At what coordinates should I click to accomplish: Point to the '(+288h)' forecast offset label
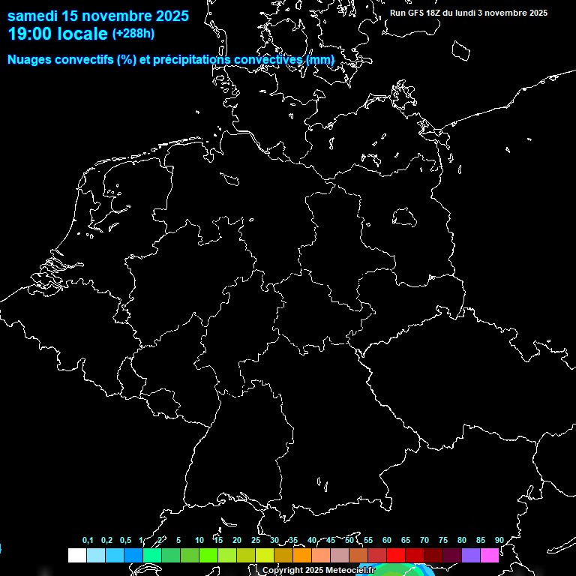pos(133,34)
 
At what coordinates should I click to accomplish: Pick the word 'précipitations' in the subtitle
pos(190,59)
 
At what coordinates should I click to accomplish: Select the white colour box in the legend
pos(76,556)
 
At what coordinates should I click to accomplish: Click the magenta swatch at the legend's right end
pos(489,556)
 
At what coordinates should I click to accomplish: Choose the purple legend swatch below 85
pos(470,556)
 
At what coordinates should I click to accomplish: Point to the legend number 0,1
pos(88,540)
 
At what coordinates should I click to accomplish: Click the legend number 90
pos(499,540)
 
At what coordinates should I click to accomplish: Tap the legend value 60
pos(386,540)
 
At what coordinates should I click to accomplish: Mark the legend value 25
pos(255,540)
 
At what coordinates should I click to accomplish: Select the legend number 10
pos(199,540)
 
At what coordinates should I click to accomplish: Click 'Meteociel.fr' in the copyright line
pos(349,571)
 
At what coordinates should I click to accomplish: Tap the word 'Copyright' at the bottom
pos(283,571)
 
